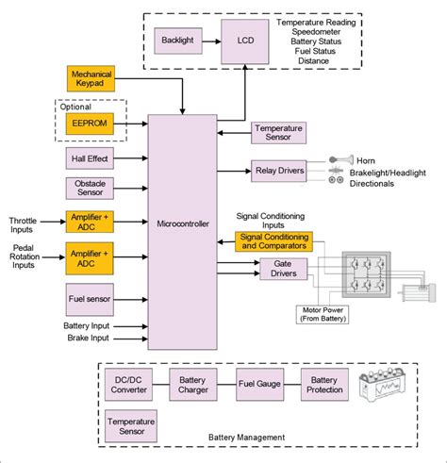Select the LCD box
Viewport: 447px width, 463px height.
click(244, 42)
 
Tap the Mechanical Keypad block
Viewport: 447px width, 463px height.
click(91, 78)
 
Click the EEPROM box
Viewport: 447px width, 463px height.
click(91, 123)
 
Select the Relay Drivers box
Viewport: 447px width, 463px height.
click(279, 170)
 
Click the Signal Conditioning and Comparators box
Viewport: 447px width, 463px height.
click(272, 241)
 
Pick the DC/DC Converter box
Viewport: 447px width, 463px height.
click(130, 386)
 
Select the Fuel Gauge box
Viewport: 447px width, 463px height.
click(260, 386)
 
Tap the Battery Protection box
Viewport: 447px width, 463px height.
click(326, 386)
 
